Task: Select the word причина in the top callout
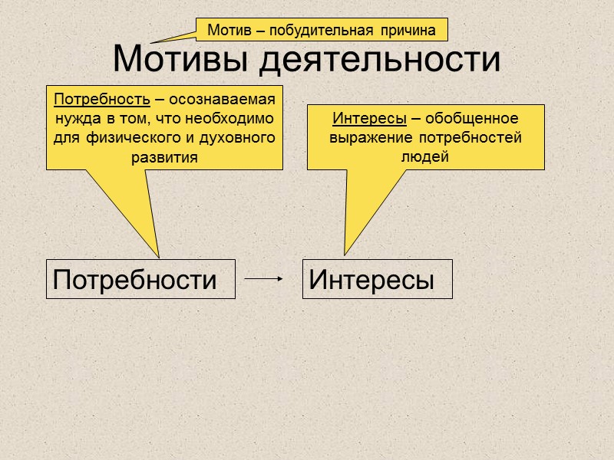[406, 31]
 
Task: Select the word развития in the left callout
[164, 159]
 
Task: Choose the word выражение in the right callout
[371, 138]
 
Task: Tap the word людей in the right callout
[425, 156]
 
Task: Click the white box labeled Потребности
[140, 279]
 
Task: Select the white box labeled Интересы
[377, 279]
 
